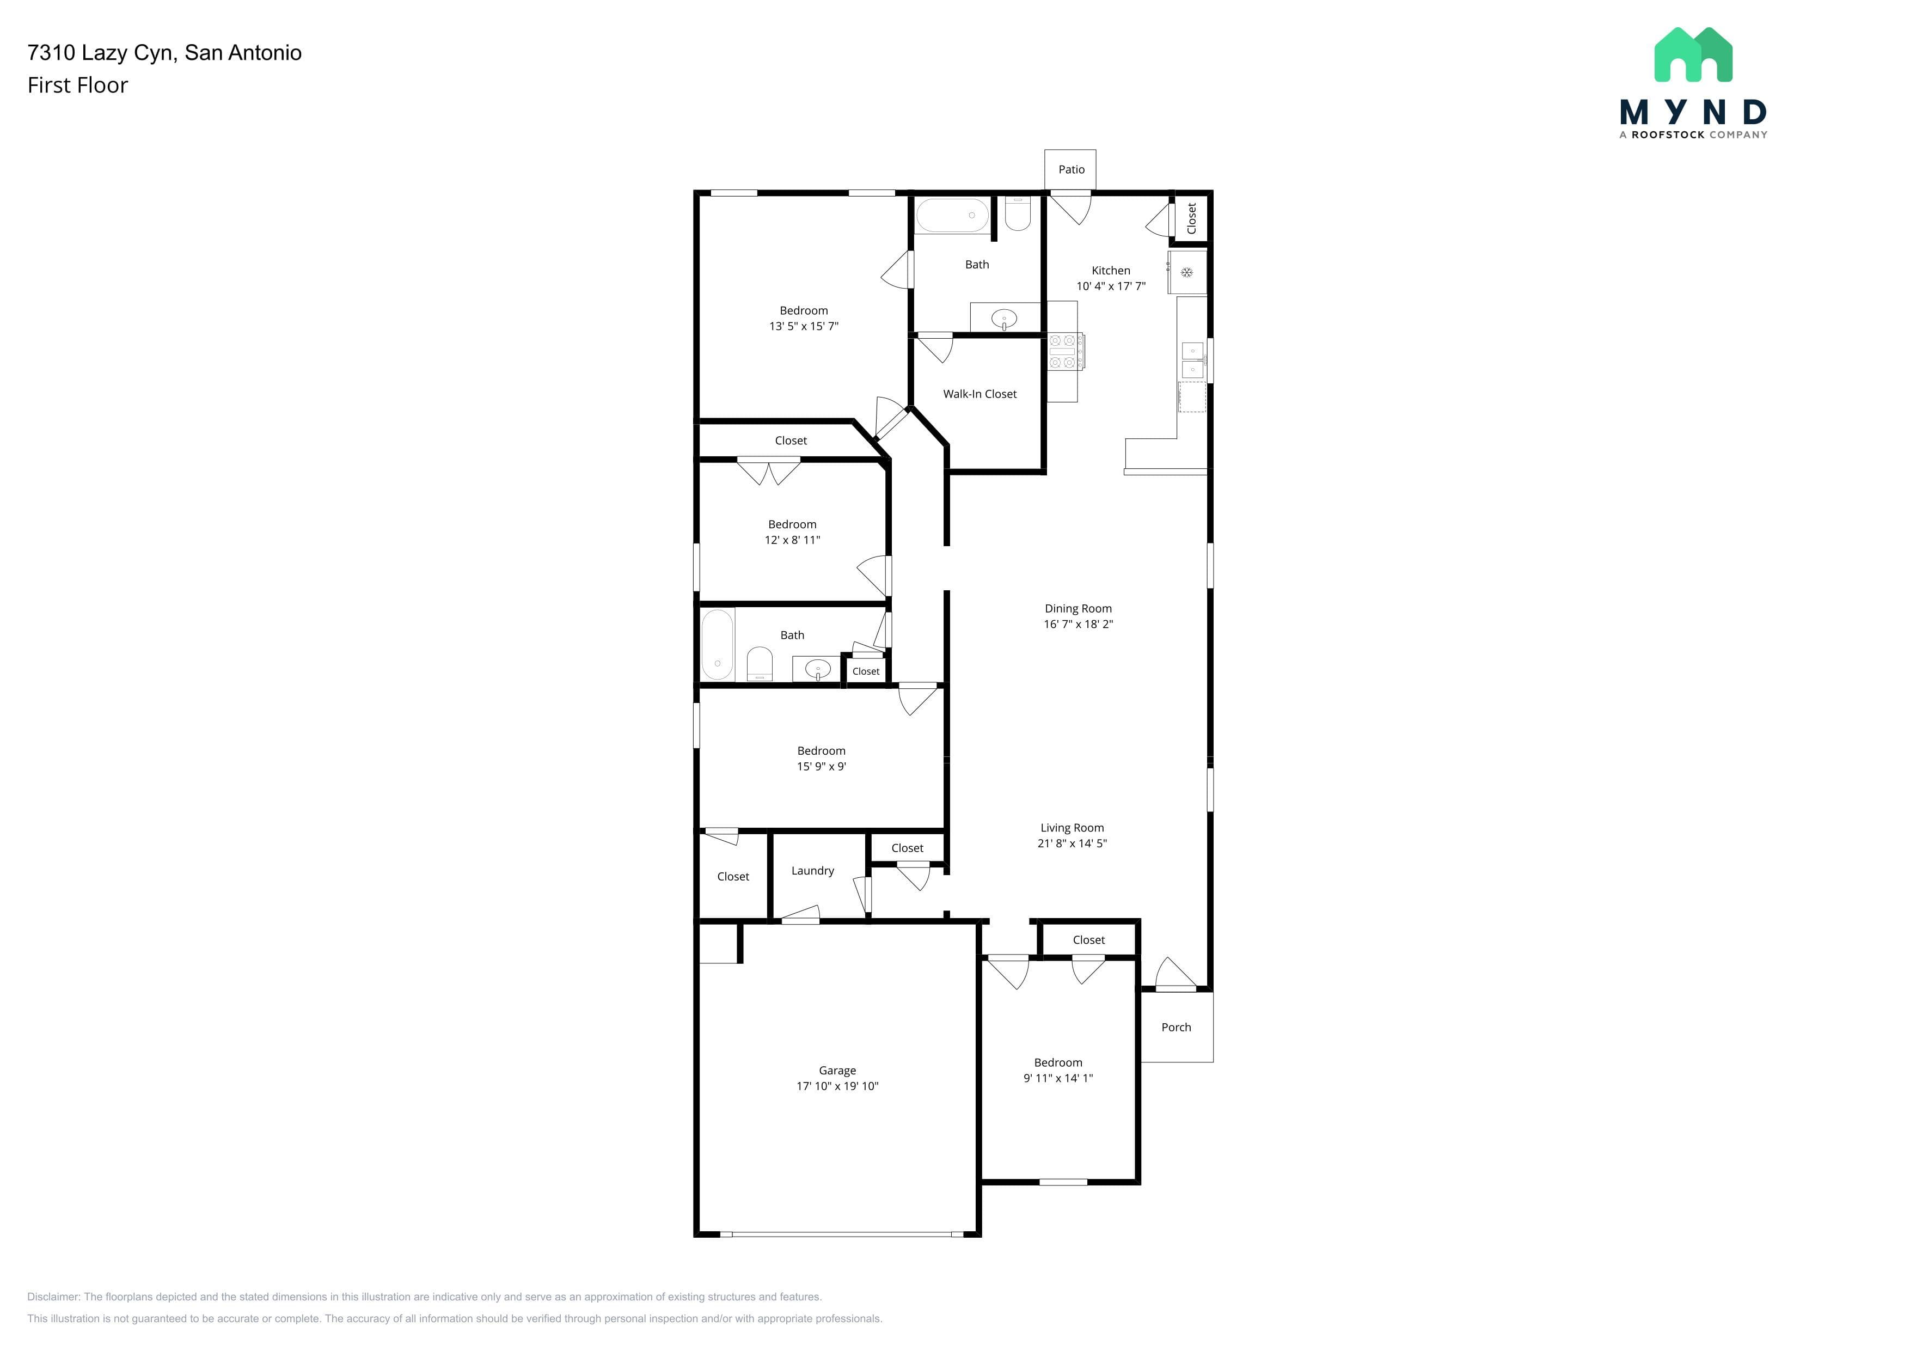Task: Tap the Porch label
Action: tap(1176, 1028)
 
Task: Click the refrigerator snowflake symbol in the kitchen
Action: tap(1187, 272)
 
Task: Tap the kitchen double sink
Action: tap(1193, 359)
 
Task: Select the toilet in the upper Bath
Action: tap(1018, 213)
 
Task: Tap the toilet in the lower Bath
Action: tap(760, 665)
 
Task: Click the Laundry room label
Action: tap(813, 871)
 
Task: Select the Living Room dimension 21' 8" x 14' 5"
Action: tap(1072, 843)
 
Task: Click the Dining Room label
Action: tap(1078, 609)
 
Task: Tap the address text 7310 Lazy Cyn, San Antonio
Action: tap(165, 53)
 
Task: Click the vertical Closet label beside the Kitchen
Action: tap(1191, 218)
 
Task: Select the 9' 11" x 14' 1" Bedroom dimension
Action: tap(1058, 1078)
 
